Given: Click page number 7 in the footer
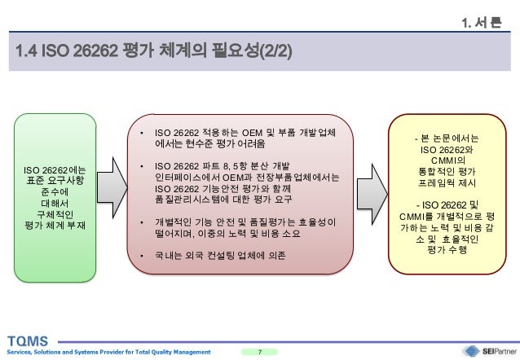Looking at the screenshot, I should pyautogui.click(x=260, y=351).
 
